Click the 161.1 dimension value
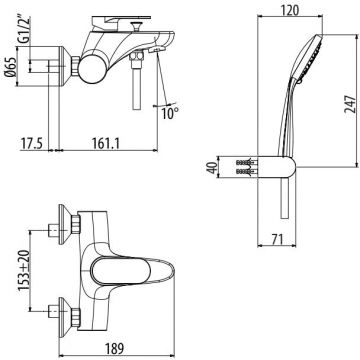coord(105,143)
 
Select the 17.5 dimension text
coord(32,143)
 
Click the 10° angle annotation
coord(169,114)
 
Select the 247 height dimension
coord(351,104)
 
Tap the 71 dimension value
coord(276,239)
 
